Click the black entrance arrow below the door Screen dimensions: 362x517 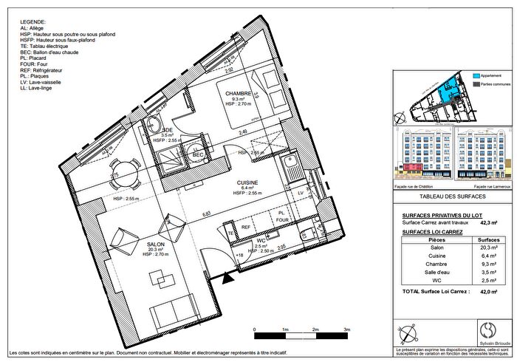[227, 279]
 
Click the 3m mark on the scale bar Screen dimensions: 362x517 [346, 329]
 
